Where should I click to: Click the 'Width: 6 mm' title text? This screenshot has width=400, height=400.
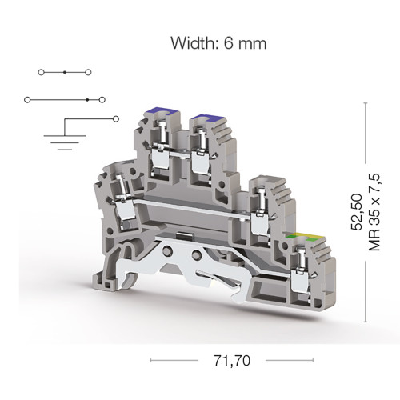(x=218, y=43)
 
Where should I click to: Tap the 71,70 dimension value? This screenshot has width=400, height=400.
(x=232, y=361)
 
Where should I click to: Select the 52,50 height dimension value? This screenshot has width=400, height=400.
(x=357, y=212)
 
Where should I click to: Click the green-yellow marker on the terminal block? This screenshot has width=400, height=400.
(x=306, y=237)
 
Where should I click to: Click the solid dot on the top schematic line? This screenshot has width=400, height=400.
(x=65, y=72)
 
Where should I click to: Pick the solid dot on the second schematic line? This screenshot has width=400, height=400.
(x=87, y=100)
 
